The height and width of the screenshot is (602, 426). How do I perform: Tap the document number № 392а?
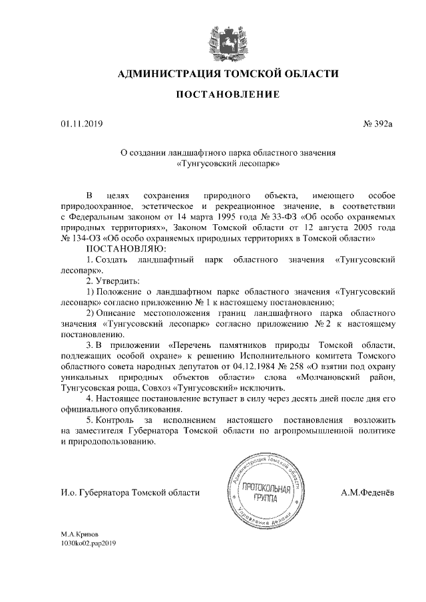click(x=377, y=124)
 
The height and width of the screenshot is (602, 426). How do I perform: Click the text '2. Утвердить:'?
click(x=112, y=280)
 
